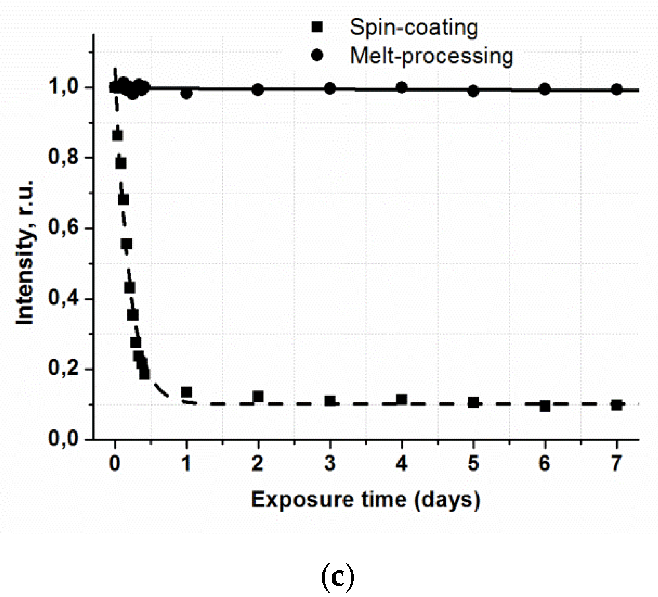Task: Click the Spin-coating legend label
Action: point(413,28)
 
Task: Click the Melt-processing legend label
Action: point(431,56)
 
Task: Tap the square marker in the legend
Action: point(317,27)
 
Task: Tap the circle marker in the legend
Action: point(317,55)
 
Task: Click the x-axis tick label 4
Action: point(402,463)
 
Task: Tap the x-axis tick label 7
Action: point(616,463)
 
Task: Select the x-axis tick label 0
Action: point(115,463)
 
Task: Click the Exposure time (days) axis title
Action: point(366,500)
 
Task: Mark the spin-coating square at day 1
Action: point(186,392)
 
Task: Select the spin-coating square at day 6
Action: point(545,406)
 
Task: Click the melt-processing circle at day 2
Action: point(258,90)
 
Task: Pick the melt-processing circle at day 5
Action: point(473,91)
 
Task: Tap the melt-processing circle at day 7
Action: point(617,90)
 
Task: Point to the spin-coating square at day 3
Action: point(330,401)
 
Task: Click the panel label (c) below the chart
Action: point(337,577)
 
